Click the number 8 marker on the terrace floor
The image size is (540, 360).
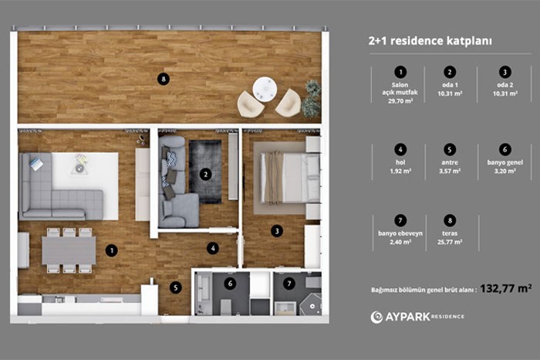pos(164,80)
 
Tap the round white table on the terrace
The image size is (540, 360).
pos(265,89)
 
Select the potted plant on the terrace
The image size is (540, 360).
pos(312,99)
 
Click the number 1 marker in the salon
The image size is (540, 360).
pos(112,250)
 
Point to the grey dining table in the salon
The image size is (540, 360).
pos(69,250)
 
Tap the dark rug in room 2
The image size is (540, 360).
pos(205,172)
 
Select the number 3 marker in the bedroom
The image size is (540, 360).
pos(277,231)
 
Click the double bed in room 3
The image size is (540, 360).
pos(290,178)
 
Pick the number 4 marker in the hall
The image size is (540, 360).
pos(213,248)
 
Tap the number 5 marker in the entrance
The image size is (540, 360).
pos(176,287)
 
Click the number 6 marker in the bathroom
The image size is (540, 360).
pos(230,284)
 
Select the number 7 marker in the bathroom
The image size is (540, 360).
pos(289,284)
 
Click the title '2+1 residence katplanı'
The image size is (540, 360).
pos(430,41)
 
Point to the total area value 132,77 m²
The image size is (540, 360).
pos(506,288)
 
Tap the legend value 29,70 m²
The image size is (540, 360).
pos(400,101)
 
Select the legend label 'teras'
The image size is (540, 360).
pos(450,233)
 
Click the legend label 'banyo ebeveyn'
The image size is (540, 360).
pos(400,233)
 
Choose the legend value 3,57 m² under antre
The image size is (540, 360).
pos(450,171)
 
